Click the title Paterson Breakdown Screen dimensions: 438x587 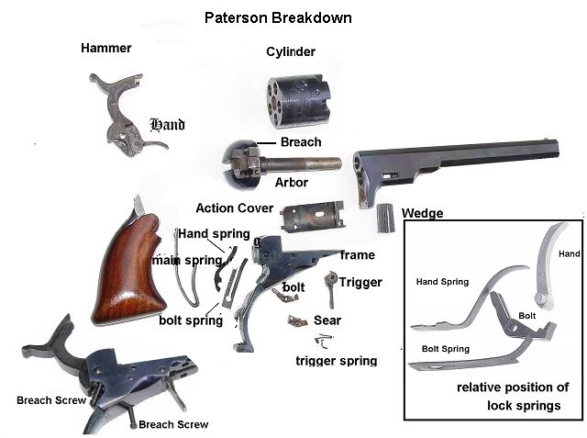pyautogui.click(x=279, y=17)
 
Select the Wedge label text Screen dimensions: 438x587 pyautogui.click(x=423, y=213)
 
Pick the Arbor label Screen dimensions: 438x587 pyautogui.click(x=290, y=183)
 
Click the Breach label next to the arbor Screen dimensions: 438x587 pyautogui.click(x=301, y=141)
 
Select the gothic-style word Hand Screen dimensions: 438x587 pyautogui.click(x=167, y=124)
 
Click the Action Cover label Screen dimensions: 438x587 pyautogui.click(x=235, y=208)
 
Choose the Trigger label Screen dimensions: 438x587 pyautogui.click(x=360, y=282)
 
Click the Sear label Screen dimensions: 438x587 pyautogui.click(x=327, y=320)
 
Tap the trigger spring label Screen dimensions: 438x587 pyautogui.click(x=336, y=361)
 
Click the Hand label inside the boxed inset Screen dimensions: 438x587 pyautogui.click(x=570, y=253)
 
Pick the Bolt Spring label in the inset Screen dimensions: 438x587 pyautogui.click(x=445, y=349)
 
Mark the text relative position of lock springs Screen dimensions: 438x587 pyautogui.click(x=513, y=396)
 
